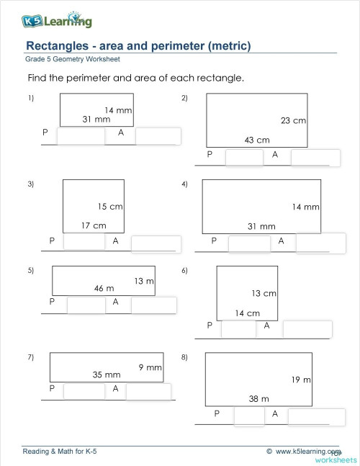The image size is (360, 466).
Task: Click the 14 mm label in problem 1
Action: [x=118, y=109]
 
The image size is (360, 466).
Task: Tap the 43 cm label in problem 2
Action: [x=257, y=140]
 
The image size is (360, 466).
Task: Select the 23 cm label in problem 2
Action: [x=293, y=121]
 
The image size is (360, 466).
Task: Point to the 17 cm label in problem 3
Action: [x=94, y=225]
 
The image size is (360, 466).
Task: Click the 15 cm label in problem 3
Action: [x=110, y=207]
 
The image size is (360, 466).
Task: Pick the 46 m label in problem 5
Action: [x=104, y=288]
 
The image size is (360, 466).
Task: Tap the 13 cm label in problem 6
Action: [x=264, y=294]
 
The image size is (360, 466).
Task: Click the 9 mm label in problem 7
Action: [x=150, y=367]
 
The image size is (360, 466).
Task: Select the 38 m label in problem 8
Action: [x=259, y=398]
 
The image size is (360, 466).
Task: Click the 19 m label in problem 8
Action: [x=301, y=380]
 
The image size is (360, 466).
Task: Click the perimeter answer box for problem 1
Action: [x=81, y=137]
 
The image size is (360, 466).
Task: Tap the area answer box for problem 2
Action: [x=315, y=158]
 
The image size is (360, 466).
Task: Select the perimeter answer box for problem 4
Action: [x=248, y=244]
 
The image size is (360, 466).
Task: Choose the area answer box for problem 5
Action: [x=153, y=305]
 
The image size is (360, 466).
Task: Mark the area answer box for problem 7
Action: [x=148, y=392]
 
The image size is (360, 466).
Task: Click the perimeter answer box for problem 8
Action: [x=249, y=418]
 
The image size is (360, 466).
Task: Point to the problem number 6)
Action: [x=184, y=271]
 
